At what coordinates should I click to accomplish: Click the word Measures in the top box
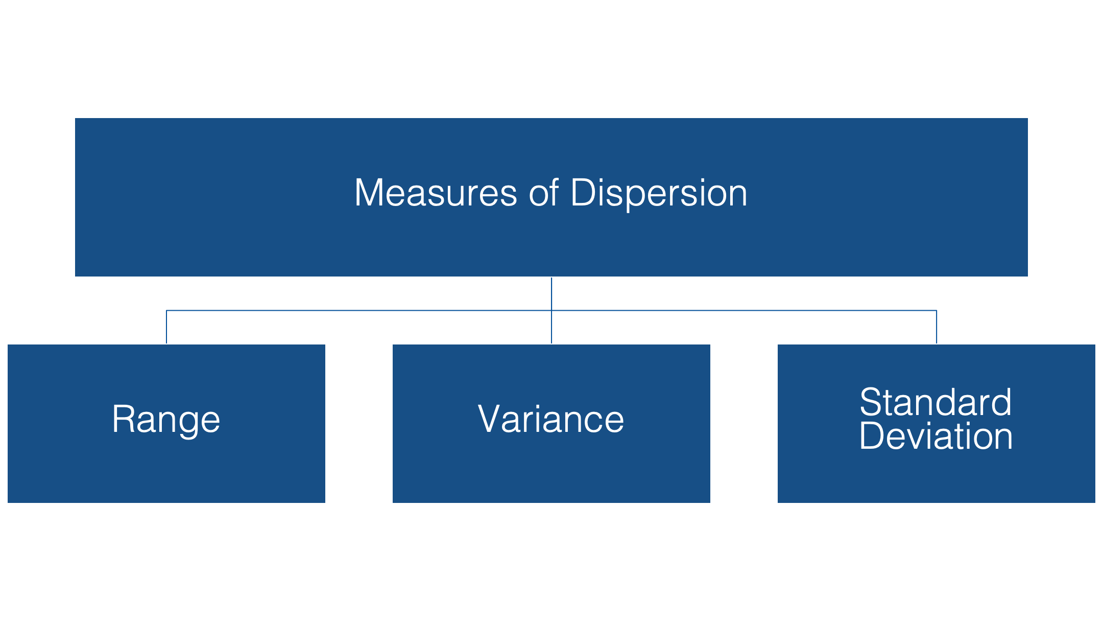(436, 193)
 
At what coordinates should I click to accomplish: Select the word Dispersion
(659, 194)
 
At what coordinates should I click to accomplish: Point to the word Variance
(551, 419)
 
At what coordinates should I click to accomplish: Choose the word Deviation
(936, 436)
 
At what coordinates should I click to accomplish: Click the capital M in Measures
(369, 193)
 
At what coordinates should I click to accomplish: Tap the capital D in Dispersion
(584, 193)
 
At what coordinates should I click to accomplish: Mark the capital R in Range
(124, 419)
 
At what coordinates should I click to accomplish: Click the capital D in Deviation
(872, 436)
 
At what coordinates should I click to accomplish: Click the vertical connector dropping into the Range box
(166, 327)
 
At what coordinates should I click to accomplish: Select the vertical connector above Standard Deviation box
(937, 327)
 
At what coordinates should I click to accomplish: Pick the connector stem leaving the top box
(551, 294)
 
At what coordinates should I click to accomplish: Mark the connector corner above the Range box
(166, 310)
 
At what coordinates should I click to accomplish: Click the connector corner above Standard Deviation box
(937, 310)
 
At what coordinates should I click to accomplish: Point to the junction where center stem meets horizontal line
(551, 310)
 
